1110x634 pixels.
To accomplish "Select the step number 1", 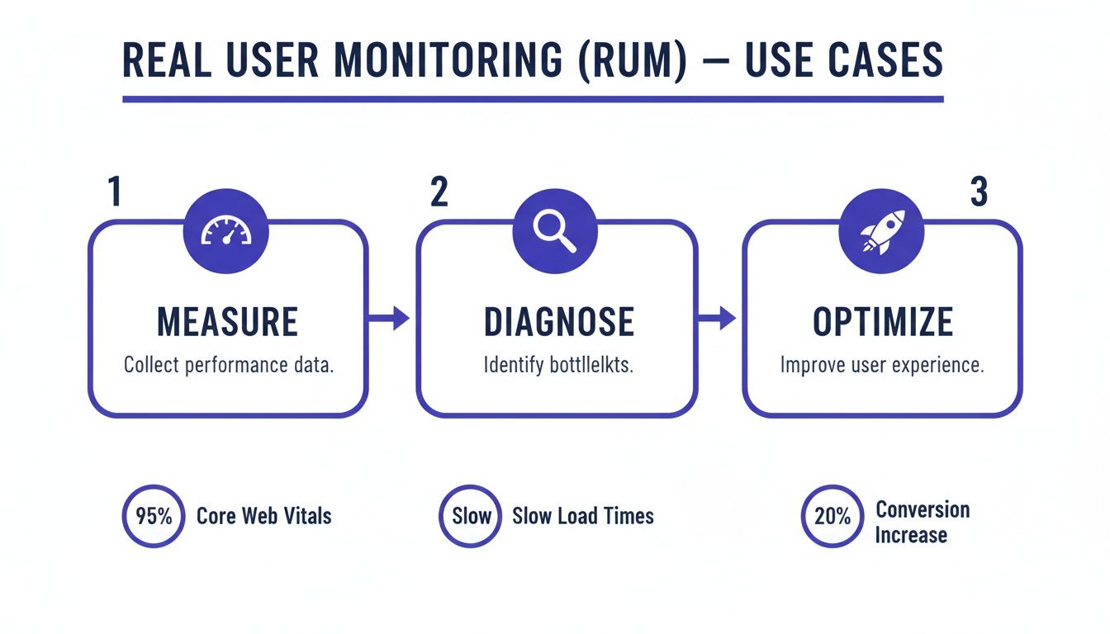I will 115,192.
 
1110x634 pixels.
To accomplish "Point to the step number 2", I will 439,192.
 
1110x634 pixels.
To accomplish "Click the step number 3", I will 978,192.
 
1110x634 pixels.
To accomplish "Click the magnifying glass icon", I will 554,230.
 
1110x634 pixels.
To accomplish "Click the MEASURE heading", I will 228,321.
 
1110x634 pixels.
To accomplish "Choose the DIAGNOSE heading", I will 558,321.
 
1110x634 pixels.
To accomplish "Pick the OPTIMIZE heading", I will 883,321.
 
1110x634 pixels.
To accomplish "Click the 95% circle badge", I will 154,517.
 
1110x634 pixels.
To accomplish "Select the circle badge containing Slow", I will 471,517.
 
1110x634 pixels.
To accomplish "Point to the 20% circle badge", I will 832,517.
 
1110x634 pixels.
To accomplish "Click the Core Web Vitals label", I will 263,517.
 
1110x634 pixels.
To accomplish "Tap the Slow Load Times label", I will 582,517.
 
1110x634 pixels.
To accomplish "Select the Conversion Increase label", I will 922,522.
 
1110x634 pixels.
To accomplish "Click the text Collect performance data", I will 228,365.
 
